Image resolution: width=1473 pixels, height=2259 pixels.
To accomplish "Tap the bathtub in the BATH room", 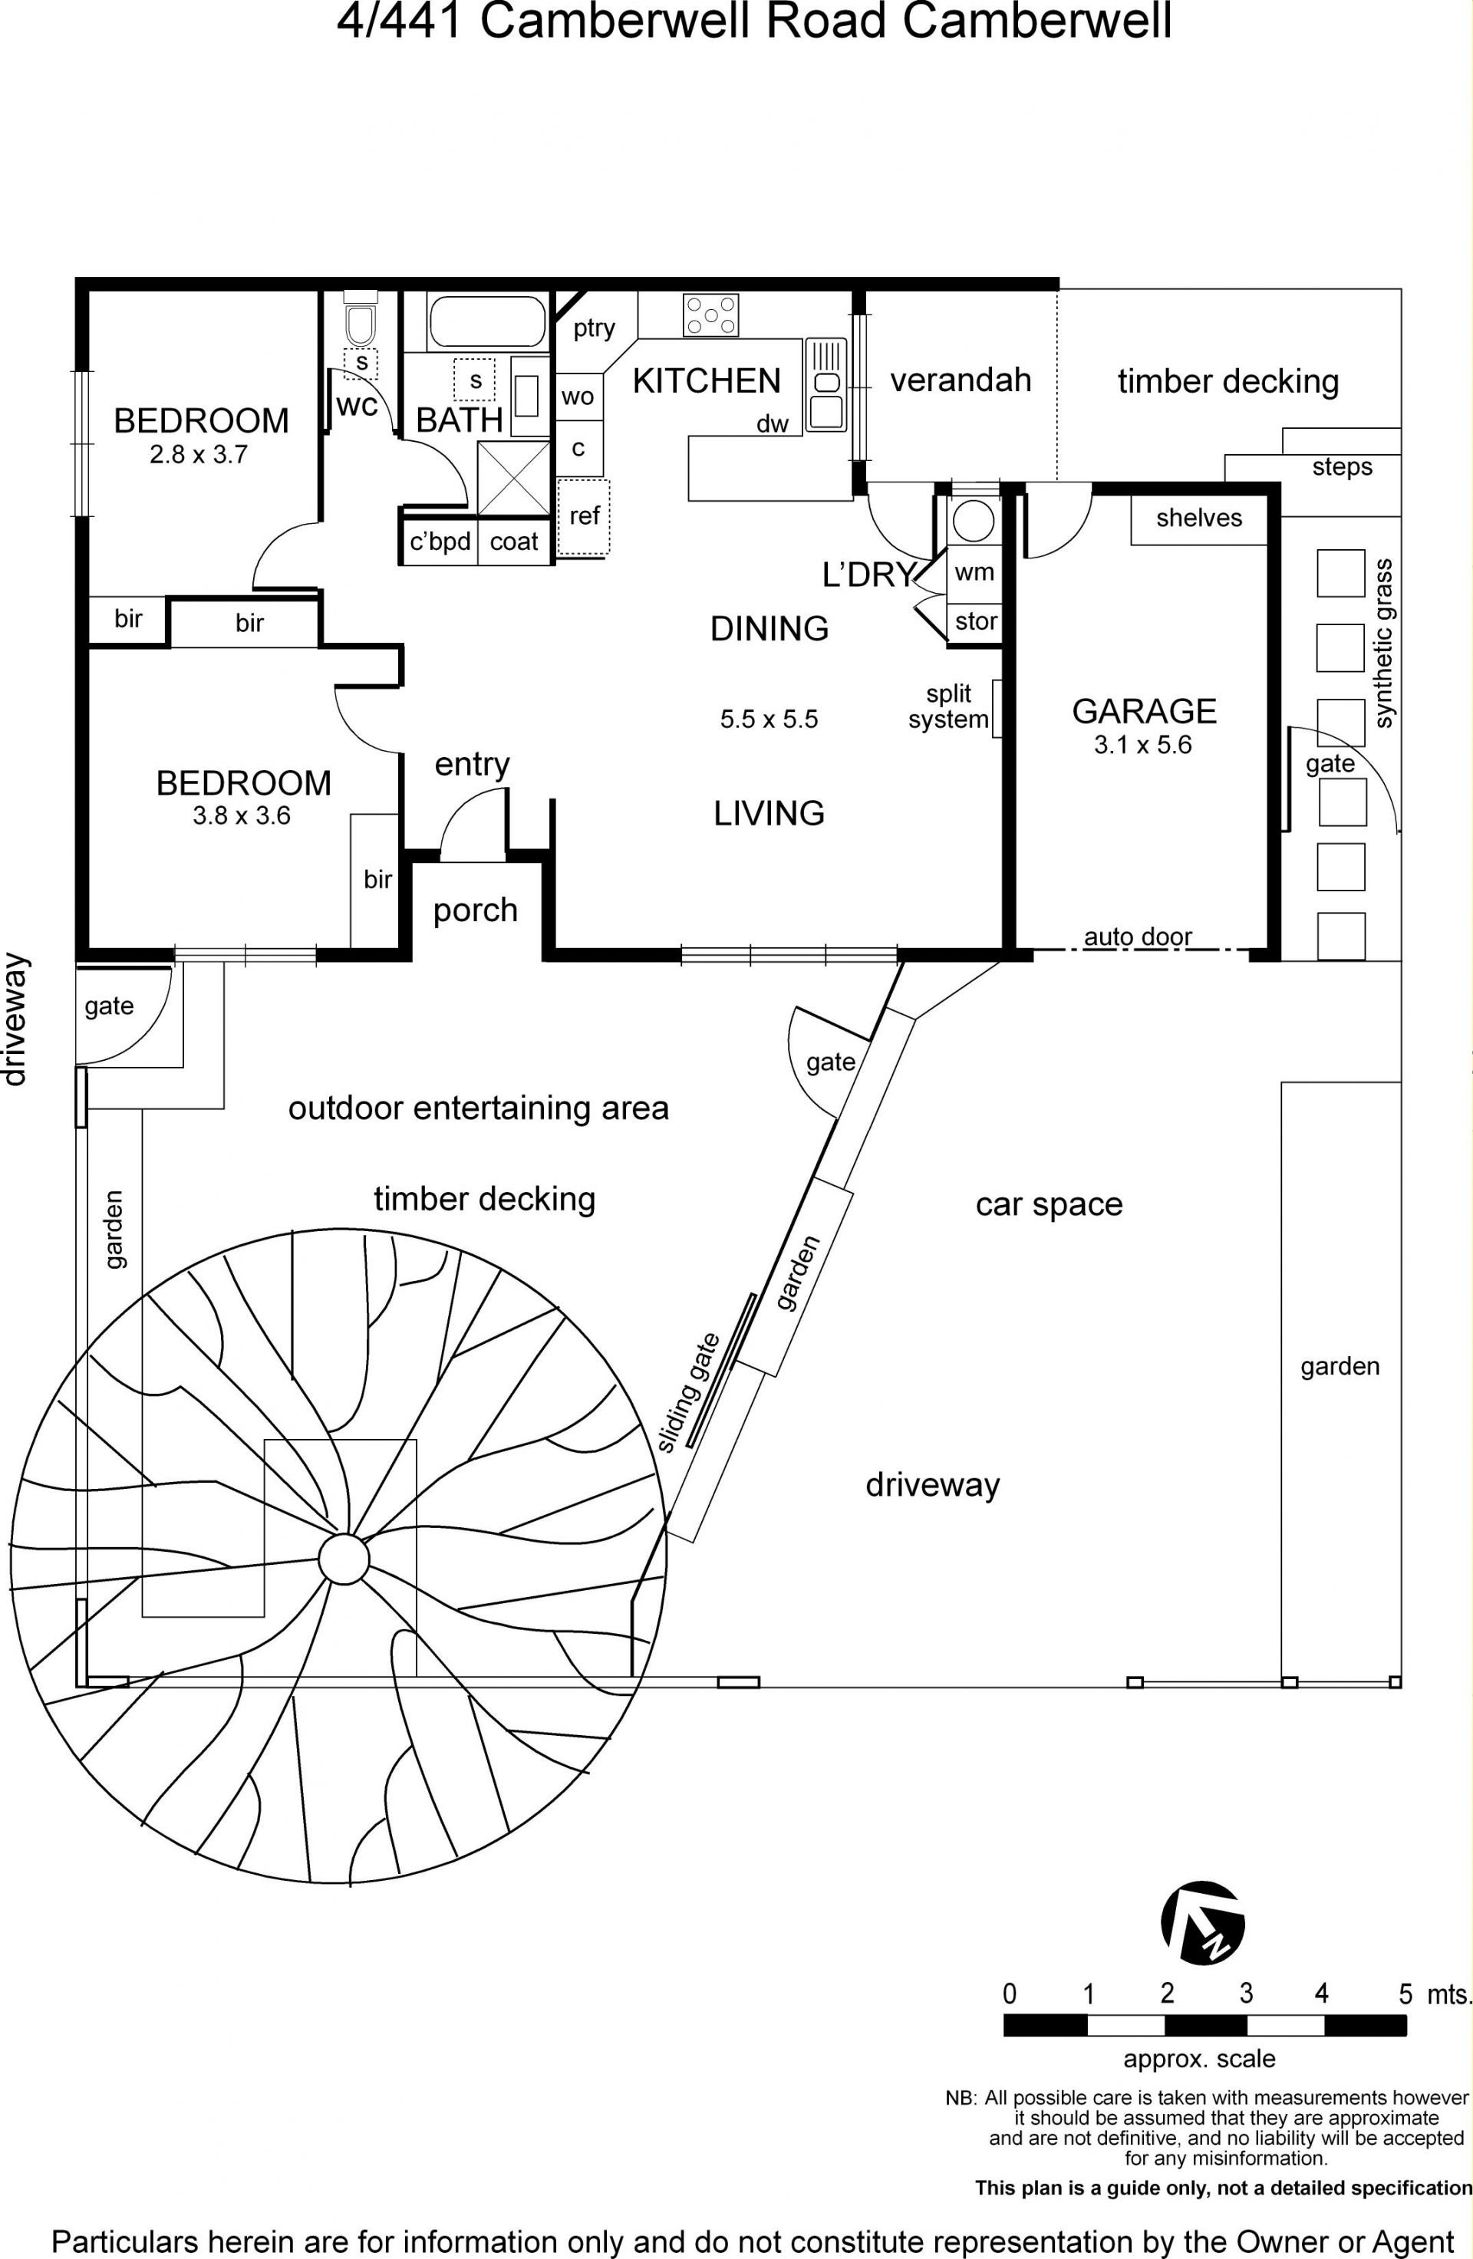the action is pos(488,321).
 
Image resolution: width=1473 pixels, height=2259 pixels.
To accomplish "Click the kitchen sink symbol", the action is pos(825,385).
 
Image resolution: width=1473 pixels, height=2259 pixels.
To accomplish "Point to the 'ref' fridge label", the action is pos(584,515).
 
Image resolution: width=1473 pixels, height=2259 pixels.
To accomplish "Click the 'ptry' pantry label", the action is pos(594,328).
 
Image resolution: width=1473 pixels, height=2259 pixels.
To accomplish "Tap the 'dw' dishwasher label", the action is pos(773,424).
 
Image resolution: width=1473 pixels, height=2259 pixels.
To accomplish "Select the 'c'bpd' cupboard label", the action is pos(440,542).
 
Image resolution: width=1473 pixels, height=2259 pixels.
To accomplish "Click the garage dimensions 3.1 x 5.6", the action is pos(1142,744).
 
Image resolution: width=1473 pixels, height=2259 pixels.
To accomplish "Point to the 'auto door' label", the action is pos(1138,936).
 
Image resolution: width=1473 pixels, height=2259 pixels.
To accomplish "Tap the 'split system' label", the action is pos(948,707).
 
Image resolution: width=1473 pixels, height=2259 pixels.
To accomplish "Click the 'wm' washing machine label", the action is pos(974,571).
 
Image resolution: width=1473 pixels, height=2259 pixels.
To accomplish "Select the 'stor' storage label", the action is pos(976,621).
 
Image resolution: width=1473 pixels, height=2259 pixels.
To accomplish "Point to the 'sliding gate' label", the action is pos(690,1392).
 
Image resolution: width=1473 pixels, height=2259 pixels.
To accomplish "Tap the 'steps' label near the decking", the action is pos(1342,467).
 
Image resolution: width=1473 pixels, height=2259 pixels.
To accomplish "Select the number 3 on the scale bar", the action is pos(1246,1994).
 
